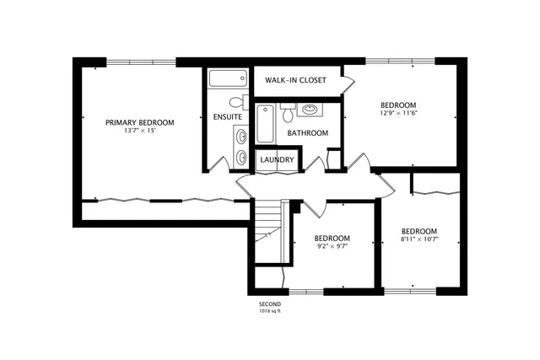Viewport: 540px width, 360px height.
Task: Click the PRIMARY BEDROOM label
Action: coord(139,123)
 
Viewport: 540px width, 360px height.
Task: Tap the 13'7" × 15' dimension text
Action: coord(139,132)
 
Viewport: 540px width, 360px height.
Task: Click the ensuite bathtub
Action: coord(226,81)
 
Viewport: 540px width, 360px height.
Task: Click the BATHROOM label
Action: coord(307,133)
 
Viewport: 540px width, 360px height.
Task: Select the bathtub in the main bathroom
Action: coord(265,123)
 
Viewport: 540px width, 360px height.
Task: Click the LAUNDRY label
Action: coord(277,160)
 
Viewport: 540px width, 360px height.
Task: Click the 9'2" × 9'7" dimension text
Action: coord(332,248)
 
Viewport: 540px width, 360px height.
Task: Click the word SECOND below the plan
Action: coord(270,304)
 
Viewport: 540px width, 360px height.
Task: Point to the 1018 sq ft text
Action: coord(270,311)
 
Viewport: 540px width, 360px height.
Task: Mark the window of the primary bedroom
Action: coord(141,59)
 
